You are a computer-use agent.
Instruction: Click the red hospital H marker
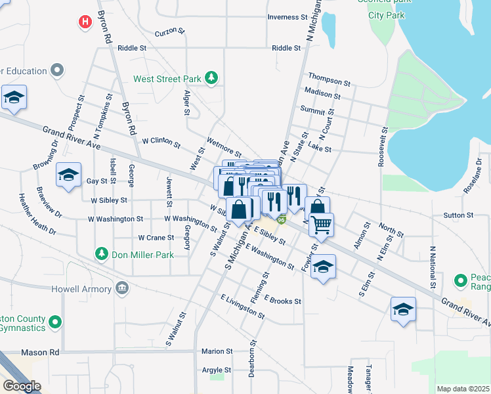coord(85,22)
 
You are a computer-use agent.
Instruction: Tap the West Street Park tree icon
coord(211,79)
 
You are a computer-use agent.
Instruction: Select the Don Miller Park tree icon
coord(101,253)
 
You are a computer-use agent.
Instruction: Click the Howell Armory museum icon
coord(122,288)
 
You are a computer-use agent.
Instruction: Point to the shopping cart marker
coord(321,225)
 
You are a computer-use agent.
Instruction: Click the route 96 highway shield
coord(281,219)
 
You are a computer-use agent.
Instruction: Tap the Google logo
coord(22,386)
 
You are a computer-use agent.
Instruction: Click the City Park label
coord(386,14)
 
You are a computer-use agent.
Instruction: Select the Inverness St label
coord(288,17)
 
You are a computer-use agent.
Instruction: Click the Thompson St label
coord(329,81)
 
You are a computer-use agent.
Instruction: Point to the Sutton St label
coord(458,215)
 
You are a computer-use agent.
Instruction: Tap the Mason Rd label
coord(40,353)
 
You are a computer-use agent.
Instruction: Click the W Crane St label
coord(156,238)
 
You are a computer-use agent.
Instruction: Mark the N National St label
coord(433,268)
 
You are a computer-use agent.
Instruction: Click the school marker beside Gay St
coord(68,175)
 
